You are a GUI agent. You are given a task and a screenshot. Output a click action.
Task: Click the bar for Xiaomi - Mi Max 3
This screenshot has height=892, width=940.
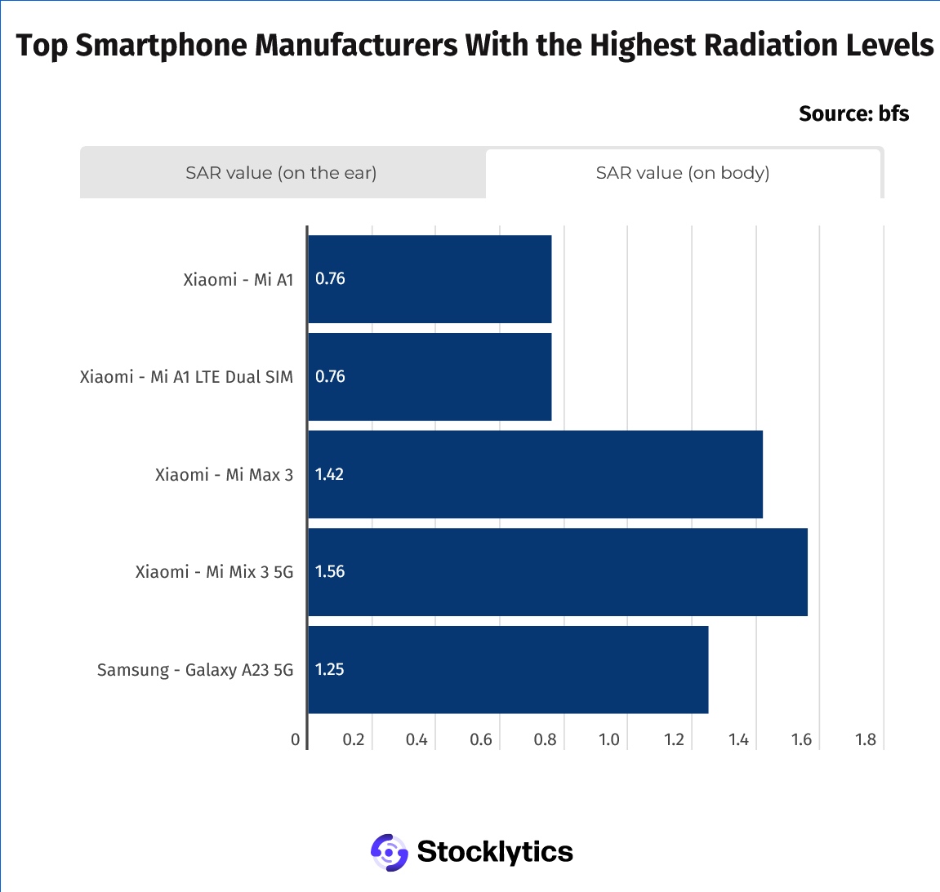coord(535,474)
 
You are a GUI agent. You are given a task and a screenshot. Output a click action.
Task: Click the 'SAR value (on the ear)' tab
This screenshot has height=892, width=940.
coord(282,173)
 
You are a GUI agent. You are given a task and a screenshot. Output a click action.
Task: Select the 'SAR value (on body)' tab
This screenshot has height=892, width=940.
coord(683,173)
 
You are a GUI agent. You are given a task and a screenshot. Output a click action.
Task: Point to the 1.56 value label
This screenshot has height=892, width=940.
coord(330,572)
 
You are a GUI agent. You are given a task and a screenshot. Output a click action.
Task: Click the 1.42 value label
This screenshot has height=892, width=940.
coord(329,474)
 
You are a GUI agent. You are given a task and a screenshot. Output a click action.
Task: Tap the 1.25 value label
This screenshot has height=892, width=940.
coord(330,670)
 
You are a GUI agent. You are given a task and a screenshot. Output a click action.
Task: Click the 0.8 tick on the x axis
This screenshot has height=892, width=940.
coord(545,739)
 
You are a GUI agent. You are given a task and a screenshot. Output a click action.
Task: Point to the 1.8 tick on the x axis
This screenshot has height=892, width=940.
coord(866,739)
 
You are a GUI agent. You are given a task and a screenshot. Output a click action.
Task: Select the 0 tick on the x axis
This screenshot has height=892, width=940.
coord(296,739)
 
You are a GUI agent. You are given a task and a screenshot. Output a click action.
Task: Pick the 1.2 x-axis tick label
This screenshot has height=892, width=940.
coord(674,739)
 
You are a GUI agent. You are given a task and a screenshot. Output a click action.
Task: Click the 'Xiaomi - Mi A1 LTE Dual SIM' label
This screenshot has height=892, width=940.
coord(186,377)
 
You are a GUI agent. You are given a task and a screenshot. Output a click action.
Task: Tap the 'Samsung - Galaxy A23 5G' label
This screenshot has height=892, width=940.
coord(195,670)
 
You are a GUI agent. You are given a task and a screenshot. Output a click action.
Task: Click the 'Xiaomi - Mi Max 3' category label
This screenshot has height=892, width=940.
coord(224,475)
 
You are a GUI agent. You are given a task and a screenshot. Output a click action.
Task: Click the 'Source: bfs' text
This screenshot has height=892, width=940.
coord(853,113)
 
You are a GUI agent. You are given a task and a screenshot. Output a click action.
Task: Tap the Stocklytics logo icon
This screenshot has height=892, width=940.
coord(389,852)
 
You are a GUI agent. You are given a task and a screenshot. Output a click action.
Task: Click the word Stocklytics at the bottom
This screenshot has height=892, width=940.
coord(495,852)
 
